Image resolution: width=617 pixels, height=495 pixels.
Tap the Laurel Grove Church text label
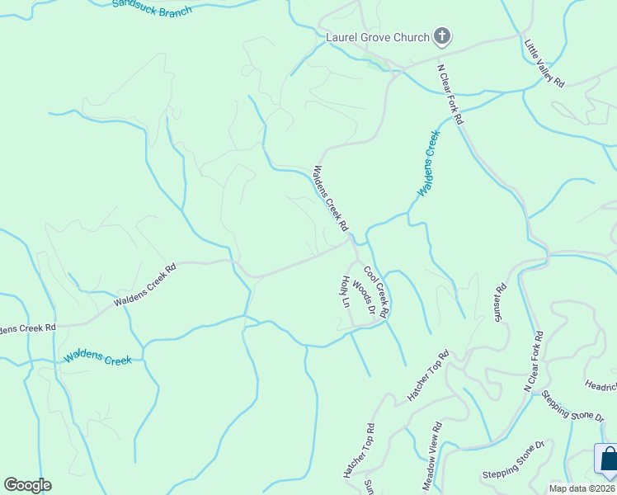[378, 37]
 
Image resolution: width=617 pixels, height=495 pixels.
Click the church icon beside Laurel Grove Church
[443, 36]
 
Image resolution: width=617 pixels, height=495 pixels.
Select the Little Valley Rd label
[544, 63]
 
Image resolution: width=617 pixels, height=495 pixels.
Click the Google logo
[27, 485]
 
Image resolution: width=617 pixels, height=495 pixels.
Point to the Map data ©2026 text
[582, 488]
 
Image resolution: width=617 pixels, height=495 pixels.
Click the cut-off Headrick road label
[601, 386]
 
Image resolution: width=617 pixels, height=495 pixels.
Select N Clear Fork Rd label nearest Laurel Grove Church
[451, 94]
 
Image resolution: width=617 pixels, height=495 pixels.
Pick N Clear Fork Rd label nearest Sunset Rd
[534, 361]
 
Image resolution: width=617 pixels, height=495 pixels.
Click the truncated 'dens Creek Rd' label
[28, 328]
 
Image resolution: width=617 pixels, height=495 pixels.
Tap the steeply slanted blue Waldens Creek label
[426, 163]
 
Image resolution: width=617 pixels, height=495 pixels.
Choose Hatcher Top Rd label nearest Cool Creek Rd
[427, 376]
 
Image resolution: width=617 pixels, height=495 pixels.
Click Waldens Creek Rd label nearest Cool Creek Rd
[330, 199]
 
